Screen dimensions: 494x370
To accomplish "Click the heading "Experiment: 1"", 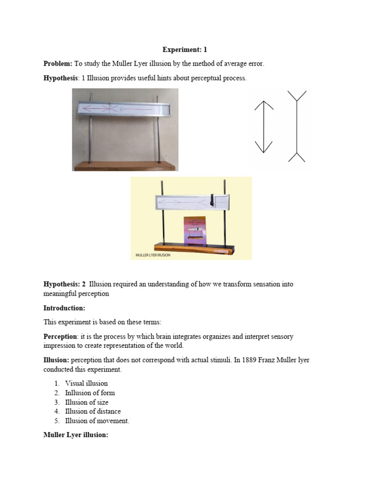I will point(185,50).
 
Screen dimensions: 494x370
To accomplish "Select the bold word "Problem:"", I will point(58,64).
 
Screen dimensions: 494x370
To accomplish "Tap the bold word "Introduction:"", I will point(64,308).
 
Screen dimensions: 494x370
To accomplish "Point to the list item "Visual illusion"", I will point(86,384).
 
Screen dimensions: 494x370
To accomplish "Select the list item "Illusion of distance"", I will point(93,412).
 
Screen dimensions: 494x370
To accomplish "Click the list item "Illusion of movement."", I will point(97,421).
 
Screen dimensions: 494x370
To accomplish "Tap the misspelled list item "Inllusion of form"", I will point(90,393).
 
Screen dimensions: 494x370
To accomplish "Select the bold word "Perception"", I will point(60,336).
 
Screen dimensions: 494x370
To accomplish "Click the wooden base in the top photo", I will point(125,166).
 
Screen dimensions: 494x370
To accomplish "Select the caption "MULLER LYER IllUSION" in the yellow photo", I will point(153,255).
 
